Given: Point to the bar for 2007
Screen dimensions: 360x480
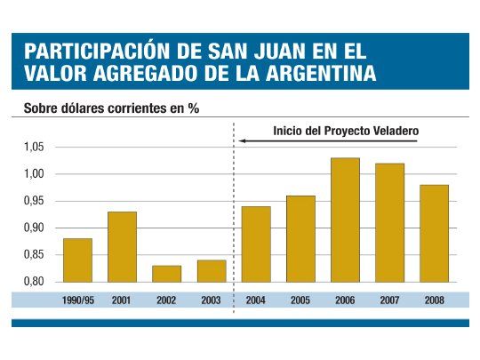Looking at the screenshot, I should pyautogui.click(x=389, y=223).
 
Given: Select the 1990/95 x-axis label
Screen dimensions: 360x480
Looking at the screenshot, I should pyautogui.click(x=77, y=300).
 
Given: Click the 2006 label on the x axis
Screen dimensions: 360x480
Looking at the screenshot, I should pyautogui.click(x=345, y=300).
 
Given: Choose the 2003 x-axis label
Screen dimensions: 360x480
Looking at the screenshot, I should pyautogui.click(x=211, y=300).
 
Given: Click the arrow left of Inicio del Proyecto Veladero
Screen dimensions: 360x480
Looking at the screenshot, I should pyautogui.click(x=258, y=139).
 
